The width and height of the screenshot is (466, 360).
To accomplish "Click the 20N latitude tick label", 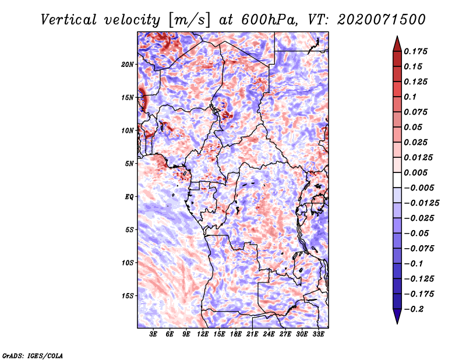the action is (128, 64).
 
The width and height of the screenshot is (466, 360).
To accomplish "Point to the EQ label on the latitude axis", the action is (129, 197).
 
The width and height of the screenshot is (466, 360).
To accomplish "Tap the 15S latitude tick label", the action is (128, 296).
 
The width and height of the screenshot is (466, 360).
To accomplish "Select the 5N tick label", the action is (129, 164).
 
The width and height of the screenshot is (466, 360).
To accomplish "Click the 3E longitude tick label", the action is (153, 334).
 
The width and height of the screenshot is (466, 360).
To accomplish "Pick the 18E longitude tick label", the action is (235, 334).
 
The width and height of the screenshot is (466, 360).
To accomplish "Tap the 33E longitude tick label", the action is (318, 334).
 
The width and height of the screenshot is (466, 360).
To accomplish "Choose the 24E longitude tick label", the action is (269, 334).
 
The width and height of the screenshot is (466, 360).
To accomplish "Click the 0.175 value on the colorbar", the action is (415, 51).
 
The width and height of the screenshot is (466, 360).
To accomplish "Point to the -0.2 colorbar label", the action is (414, 309).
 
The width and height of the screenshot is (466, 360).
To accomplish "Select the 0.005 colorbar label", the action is (415, 172).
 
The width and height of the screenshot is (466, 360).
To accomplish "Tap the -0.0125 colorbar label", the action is (421, 203).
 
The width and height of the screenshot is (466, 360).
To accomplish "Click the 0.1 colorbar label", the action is (410, 97).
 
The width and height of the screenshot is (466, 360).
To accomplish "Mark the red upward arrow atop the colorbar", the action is (397, 44).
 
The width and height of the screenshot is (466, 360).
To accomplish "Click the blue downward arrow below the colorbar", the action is (397, 316).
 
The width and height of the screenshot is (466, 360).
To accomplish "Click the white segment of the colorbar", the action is (397, 180).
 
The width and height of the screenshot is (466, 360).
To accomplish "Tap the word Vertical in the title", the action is (69, 20).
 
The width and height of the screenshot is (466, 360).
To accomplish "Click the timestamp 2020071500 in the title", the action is (382, 20).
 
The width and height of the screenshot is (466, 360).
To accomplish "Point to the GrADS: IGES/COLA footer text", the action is (33, 356).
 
